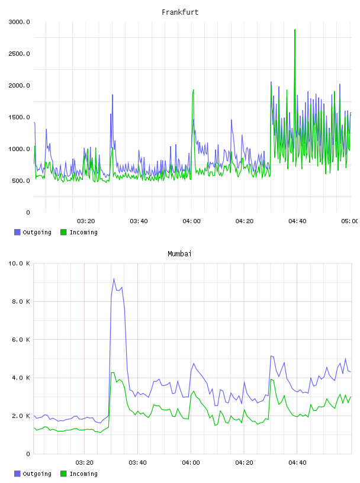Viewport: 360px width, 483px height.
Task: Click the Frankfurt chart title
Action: click(x=180, y=12)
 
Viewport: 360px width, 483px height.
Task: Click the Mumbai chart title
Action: click(x=179, y=254)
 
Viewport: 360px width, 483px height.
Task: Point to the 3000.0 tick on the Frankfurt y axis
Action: click(x=19, y=22)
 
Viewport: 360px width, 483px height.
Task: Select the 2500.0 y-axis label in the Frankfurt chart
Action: click(x=19, y=54)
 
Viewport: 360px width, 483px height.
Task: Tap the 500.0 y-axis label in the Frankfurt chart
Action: click(x=21, y=181)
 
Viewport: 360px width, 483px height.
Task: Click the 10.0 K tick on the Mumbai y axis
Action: click(x=19, y=263)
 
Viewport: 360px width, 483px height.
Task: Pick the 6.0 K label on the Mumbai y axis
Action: click(x=21, y=339)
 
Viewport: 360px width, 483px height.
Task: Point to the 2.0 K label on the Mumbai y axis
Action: click(x=21, y=416)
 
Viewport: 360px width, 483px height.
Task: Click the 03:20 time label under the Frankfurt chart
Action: click(x=86, y=221)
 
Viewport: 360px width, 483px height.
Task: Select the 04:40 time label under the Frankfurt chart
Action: click(x=297, y=221)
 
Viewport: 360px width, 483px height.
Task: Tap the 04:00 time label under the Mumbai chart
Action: click(x=191, y=463)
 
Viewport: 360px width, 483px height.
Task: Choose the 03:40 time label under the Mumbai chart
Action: click(x=137, y=463)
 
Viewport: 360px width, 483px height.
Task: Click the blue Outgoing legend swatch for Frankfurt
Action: click(x=17, y=232)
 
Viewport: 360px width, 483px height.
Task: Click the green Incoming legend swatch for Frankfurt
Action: click(x=63, y=232)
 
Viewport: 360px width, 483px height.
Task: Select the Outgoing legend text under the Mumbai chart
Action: click(x=37, y=474)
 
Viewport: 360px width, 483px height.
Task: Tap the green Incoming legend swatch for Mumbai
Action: click(x=63, y=474)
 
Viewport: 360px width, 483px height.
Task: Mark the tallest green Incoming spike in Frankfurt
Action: click(x=295, y=30)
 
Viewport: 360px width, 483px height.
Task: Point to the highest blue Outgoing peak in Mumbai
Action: click(x=114, y=279)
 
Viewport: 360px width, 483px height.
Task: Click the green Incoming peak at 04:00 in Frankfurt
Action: click(x=193, y=90)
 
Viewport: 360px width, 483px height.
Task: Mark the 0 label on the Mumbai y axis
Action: click(x=28, y=454)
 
